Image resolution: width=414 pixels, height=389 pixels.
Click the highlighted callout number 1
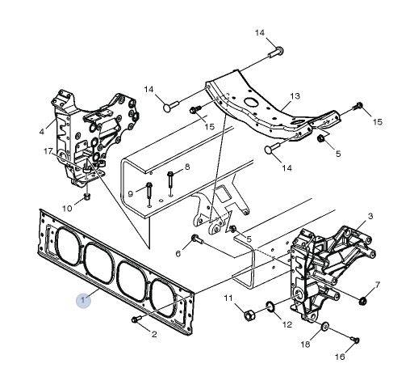(83, 300)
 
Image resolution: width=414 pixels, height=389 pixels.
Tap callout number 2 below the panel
(154, 334)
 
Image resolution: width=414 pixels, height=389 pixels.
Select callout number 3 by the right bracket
(370, 216)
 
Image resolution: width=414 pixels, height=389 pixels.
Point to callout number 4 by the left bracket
(41, 132)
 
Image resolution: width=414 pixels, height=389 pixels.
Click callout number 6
(178, 253)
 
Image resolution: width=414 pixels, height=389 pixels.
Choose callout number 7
(378, 285)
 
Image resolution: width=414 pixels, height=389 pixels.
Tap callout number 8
(187, 167)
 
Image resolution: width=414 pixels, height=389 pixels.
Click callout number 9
(131, 193)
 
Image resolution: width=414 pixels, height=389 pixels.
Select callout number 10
(67, 208)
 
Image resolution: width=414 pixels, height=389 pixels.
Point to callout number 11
(228, 298)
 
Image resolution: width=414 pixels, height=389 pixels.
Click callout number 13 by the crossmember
(295, 96)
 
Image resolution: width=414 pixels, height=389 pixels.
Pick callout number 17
(48, 152)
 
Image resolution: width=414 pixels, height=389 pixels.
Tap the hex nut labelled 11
(249, 315)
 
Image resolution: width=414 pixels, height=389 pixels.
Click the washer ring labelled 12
(270, 307)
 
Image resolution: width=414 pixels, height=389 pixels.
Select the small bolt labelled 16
(355, 340)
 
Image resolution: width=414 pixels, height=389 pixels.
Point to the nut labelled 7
(363, 300)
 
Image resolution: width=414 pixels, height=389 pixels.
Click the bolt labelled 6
(195, 239)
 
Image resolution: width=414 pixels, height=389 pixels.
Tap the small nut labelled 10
(86, 197)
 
